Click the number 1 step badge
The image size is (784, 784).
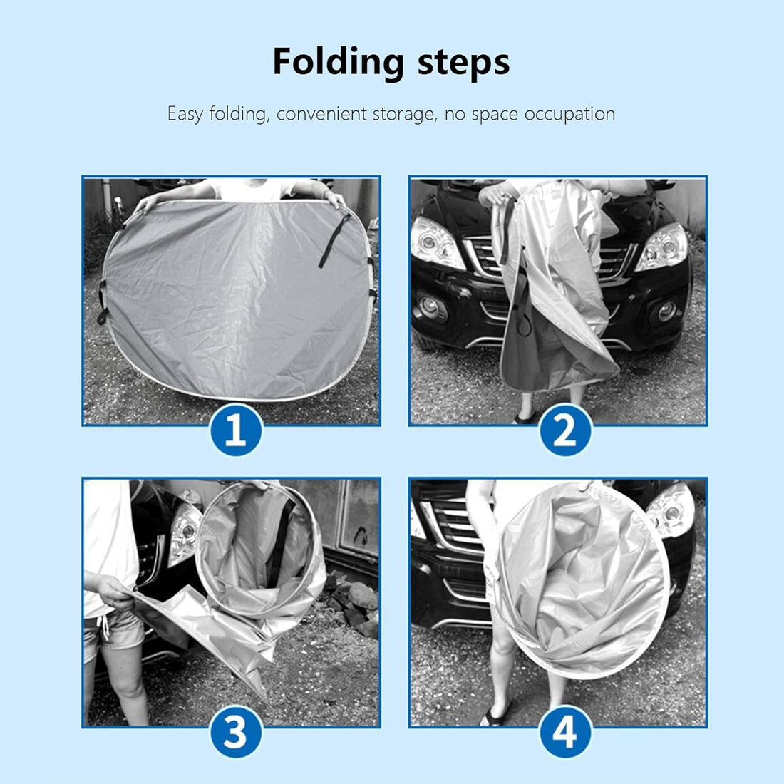click(236, 430)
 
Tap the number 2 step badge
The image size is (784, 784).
click(565, 430)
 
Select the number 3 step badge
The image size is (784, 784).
click(236, 731)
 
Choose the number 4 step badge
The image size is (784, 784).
click(565, 731)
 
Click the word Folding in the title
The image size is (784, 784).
click(339, 63)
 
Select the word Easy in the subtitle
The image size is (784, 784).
click(185, 115)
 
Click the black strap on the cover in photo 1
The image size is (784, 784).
click(334, 240)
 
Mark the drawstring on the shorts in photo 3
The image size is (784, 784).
click(105, 626)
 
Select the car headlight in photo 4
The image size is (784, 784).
click(671, 510)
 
